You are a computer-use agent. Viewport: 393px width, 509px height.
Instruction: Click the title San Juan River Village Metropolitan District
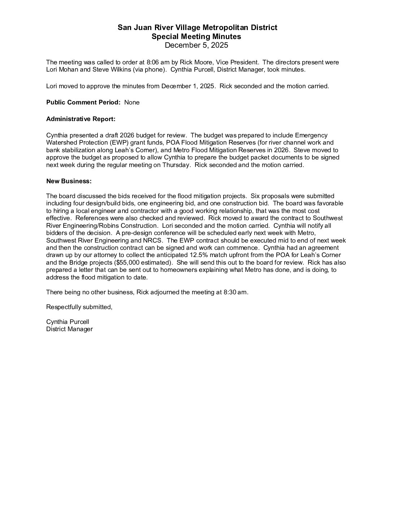click(197, 27)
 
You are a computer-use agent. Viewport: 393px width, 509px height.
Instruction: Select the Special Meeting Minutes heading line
click(196, 37)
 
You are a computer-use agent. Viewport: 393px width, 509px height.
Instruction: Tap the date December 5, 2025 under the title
click(196, 45)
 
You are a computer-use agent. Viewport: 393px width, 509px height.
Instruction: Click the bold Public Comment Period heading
click(83, 102)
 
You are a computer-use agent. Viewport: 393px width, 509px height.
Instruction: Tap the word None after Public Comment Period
click(132, 102)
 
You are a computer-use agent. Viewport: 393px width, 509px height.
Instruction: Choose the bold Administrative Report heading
click(81, 119)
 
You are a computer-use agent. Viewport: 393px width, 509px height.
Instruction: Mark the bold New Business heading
click(69, 181)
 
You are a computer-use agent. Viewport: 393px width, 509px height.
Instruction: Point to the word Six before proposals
click(255, 196)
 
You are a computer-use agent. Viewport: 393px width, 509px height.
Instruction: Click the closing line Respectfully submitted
click(79, 307)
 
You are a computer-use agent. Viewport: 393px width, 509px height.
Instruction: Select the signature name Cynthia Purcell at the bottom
click(68, 322)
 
